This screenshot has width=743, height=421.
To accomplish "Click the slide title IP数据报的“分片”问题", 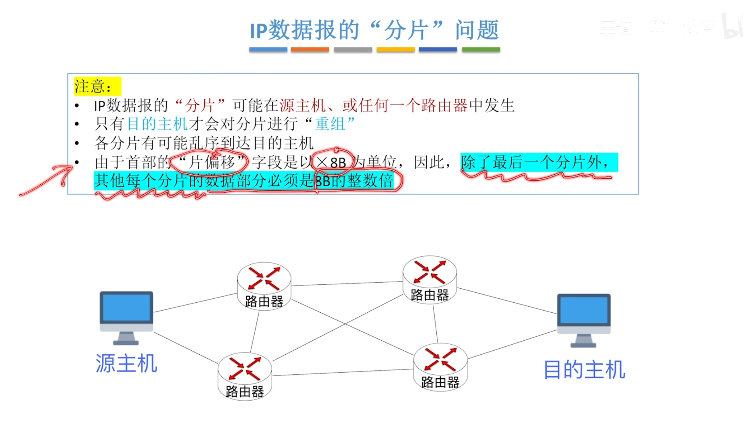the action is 374,30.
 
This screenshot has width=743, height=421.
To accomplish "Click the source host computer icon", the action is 126,317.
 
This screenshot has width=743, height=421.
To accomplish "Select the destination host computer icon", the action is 584,320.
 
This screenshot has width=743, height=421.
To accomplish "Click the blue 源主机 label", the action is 126,364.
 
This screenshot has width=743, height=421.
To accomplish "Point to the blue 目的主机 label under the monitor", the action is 584,370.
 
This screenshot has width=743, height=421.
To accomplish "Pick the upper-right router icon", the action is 429,279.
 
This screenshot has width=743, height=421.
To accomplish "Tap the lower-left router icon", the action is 245,376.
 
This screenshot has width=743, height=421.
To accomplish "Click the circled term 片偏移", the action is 212,162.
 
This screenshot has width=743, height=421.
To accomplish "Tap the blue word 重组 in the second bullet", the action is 330,124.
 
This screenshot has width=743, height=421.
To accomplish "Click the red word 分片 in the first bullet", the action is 200,106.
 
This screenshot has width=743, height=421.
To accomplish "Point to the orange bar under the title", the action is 310,49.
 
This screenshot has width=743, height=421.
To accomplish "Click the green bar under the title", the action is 480,49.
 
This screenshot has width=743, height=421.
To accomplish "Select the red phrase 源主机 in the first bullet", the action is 302,106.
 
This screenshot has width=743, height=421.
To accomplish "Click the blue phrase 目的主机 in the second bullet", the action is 158,124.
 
